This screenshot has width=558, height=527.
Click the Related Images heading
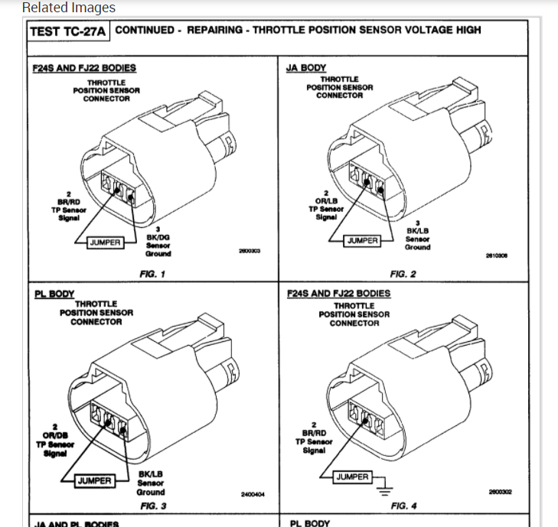point(69,8)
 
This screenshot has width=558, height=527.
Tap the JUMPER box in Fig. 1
point(106,242)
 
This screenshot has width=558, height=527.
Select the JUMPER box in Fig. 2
point(363,241)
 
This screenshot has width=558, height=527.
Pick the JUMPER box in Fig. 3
point(95,481)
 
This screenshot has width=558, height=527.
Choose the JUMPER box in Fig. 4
point(352,477)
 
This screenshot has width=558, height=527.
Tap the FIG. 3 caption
point(153,506)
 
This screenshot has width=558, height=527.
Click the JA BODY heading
point(306,67)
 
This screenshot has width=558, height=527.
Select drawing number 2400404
point(253,495)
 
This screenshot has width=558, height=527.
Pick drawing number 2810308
point(497,256)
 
